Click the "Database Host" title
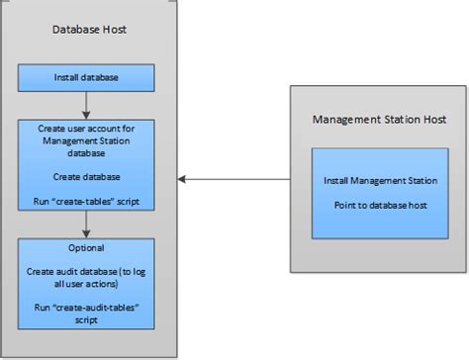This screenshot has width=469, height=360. click(89, 31)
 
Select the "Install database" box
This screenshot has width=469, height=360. click(87, 75)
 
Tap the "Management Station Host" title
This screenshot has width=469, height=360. click(379, 120)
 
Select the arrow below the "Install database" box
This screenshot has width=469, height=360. click(87, 102)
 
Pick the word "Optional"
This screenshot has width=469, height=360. click(87, 248)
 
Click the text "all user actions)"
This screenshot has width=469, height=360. click(87, 283)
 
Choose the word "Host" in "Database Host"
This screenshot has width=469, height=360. click(114, 31)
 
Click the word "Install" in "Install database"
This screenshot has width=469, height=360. click(66, 75)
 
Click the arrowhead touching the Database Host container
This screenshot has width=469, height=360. click(179, 179)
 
